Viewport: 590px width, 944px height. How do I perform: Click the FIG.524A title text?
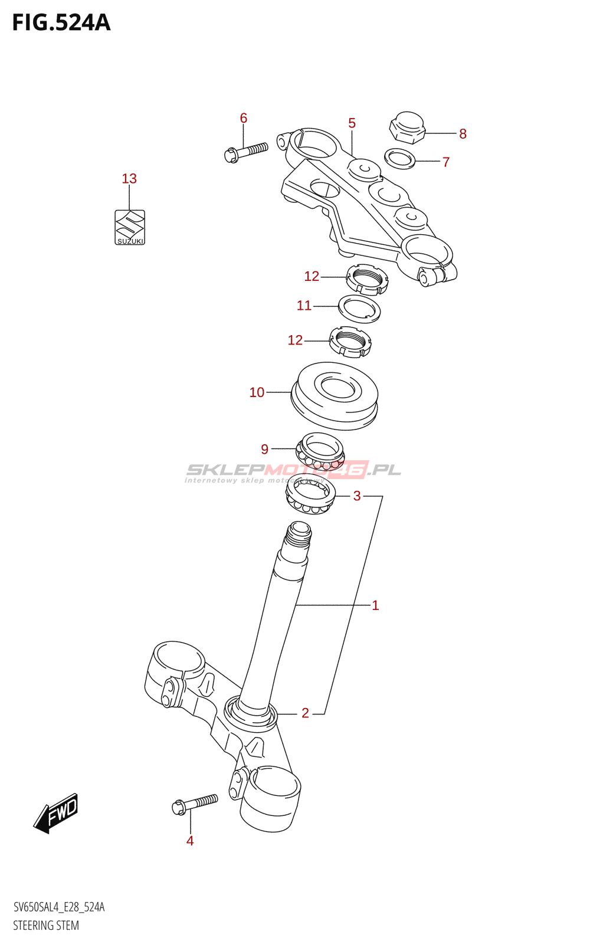coord(61,22)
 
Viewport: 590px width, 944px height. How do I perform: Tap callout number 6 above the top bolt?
coord(244,118)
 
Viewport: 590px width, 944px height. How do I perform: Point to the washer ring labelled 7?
coord(399,158)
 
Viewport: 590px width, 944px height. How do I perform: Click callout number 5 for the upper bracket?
coord(352,123)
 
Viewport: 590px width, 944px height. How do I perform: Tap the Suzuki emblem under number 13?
coord(130,227)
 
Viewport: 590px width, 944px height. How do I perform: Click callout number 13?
coord(129,178)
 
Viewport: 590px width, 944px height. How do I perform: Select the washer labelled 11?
coord(359,309)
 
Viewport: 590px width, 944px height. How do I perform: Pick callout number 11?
coord(304,305)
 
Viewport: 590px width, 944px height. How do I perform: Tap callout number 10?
coord(257,392)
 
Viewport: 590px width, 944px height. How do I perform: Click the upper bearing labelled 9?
coord(320,451)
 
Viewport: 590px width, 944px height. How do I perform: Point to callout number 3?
coord(357,496)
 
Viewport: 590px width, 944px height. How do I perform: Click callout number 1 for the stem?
coord(375,605)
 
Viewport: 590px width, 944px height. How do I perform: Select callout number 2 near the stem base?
coord(305,713)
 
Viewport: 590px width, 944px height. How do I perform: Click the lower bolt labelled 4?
coord(195,804)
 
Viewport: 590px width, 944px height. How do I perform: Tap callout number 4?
coord(190,841)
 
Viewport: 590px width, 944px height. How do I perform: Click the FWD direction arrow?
coord(56,813)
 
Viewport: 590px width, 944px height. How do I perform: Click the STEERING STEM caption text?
coord(46,925)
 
